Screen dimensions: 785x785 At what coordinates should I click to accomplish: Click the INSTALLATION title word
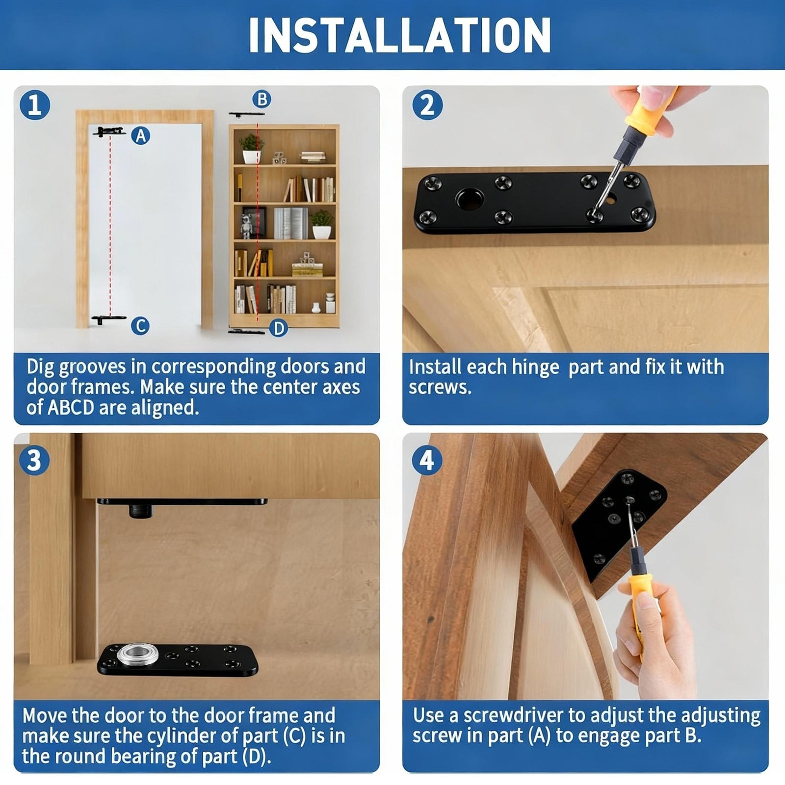point(399,35)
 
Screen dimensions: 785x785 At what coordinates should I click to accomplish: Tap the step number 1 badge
point(35,105)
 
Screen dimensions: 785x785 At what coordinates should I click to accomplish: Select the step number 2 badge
point(427,105)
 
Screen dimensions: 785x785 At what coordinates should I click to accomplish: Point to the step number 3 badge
point(35,460)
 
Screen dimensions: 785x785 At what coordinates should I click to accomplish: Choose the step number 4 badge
point(427,460)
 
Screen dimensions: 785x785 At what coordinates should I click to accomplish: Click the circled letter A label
point(141,135)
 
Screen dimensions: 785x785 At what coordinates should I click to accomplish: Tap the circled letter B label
point(262,99)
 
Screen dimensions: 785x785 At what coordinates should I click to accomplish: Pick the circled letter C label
point(140,326)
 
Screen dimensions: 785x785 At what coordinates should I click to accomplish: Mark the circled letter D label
point(279,327)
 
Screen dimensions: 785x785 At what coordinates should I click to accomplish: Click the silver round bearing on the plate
point(134,653)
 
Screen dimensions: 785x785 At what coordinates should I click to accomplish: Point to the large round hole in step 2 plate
point(469,199)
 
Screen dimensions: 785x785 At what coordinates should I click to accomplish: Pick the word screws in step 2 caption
point(440,388)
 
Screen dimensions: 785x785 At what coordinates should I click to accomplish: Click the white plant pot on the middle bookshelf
point(322,232)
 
